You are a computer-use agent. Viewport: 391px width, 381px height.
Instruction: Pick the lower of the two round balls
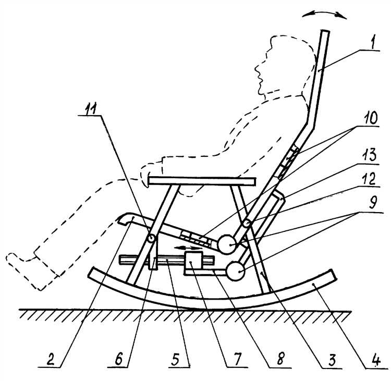pos(235,271)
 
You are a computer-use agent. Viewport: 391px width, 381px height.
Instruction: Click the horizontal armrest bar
pos(202,181)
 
